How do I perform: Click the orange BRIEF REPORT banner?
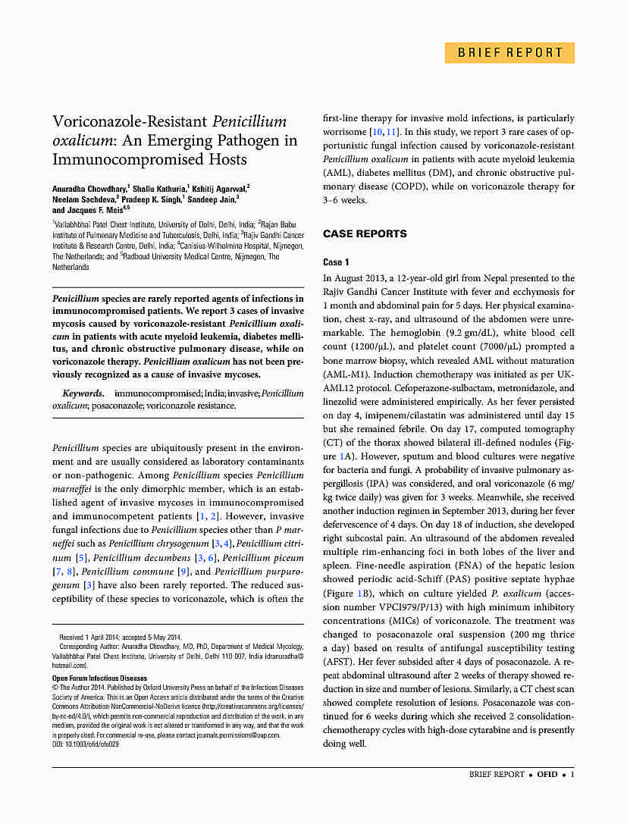(x=509, y=53)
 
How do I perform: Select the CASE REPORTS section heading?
(x=365, y=233)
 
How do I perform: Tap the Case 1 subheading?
(x=336, y=262)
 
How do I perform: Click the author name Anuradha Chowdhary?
(x=89, y=187)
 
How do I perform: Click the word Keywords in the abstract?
(x=83, y=393)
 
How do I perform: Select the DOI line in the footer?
(x=86, y=744)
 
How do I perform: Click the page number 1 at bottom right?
(x=572, y=774)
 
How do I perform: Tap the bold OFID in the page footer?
(x=547, y=774)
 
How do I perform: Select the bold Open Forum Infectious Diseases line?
(x=99, y=678)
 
